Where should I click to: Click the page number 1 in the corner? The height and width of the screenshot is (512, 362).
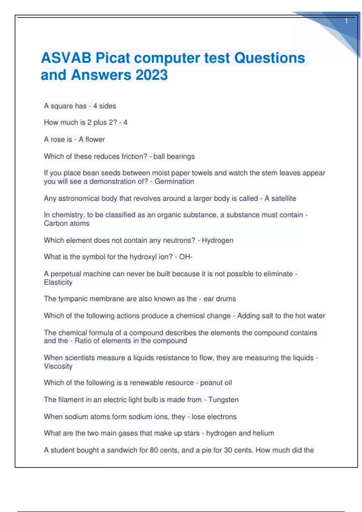(x=346, y=21)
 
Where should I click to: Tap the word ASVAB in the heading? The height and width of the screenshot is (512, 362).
(x=66, y=58)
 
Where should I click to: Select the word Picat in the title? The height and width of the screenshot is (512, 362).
(x=113, y=58)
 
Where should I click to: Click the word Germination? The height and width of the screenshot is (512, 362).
(x=174, y=181)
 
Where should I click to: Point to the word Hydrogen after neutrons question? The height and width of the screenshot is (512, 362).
(x=218, y=240)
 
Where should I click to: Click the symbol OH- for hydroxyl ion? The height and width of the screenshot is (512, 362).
(x=186, y=257)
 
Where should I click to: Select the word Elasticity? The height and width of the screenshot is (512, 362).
(x=58, y=283)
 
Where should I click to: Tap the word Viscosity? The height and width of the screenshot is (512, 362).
(x=58, y=366)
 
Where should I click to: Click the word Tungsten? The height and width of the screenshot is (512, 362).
(x=224, y=400)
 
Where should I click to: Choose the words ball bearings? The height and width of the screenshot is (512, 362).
(x=174, y=157)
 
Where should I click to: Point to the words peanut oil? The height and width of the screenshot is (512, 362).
(x=216, y=383)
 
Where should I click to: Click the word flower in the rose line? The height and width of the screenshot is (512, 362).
(x=95, y=139)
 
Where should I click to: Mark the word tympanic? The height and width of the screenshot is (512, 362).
(x=73, y=299)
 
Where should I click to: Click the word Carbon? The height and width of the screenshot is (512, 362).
(x=55, y=223)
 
